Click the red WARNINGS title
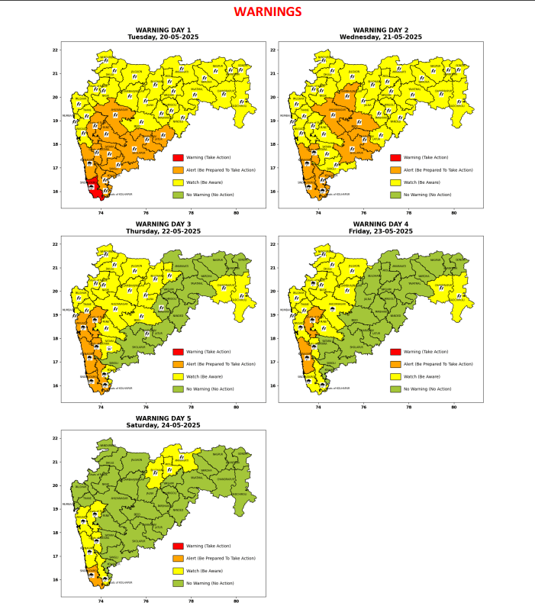(267, 12)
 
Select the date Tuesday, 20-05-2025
(163, 37)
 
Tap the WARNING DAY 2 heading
(382, 31)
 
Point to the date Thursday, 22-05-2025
(163, 230)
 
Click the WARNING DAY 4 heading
(382, 224)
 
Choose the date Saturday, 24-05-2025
(163, 424)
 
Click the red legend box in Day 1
(178, 157)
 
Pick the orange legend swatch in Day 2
(395, 170)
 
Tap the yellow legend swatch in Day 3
(178, 376)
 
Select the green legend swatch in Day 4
(395, 389)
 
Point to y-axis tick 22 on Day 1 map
(55, 50)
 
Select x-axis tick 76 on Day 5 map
(146, 602)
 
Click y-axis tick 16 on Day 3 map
(55, 385)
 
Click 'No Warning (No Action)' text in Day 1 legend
(210, 195)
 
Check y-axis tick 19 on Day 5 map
(55, 509)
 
